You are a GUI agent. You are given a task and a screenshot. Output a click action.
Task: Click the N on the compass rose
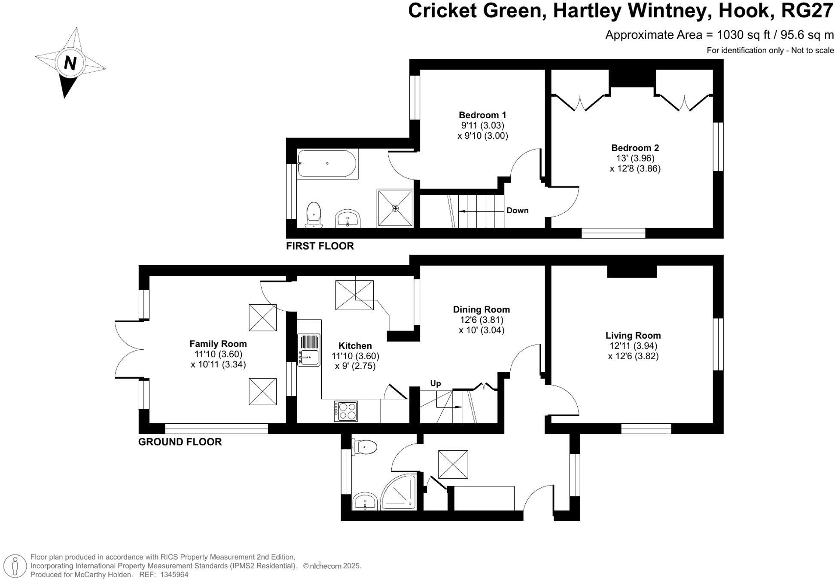(x=70, y=63)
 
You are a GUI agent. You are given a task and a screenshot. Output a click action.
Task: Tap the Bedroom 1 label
(x=482, y=115)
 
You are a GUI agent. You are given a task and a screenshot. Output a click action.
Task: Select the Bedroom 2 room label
(x=635, y=148)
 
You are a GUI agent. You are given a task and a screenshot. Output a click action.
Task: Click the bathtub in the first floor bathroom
(x=327, y=164)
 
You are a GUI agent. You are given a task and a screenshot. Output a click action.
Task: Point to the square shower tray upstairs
(x=395, y=208)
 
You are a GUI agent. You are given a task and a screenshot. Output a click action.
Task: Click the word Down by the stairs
(x=517, y=211)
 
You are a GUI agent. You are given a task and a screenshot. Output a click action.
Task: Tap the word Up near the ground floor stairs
(x=435, y=383)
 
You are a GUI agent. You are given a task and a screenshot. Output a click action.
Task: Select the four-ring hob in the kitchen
(x=346, y=411)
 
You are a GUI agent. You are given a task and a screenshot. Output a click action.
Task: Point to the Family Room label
(x=218, y=344)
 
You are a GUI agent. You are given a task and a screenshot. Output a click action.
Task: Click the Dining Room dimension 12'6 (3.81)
(x=481, y=320)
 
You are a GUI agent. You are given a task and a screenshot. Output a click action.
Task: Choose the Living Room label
(x=633, y=336)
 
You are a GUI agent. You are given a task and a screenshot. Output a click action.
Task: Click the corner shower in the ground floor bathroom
(x=400, y=492)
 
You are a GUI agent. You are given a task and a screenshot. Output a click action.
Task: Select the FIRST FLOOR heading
(x=320, y=246)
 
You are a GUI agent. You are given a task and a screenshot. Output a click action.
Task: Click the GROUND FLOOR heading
(x=180, y=442)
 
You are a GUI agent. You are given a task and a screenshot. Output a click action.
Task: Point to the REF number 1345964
(x=174, y=575)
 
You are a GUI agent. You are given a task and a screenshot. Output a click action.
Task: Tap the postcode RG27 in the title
(x=807, y=11)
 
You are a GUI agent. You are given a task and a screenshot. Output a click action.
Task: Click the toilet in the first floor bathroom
(x=314, y=214)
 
